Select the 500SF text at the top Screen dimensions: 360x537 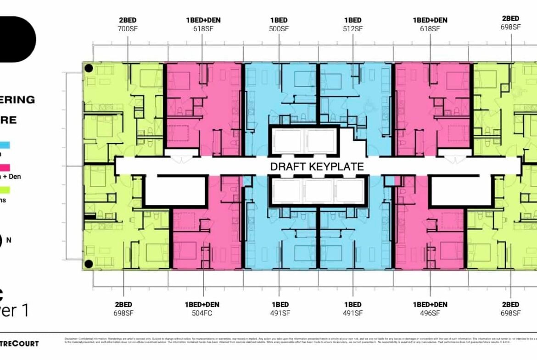coord(279,28)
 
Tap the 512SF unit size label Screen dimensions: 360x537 coord(353,28)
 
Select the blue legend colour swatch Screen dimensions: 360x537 coord(5,145)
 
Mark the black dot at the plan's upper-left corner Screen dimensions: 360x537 coord(89,68)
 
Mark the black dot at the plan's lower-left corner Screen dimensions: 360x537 coord(89,263)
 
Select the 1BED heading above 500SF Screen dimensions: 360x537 coord(279,20)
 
